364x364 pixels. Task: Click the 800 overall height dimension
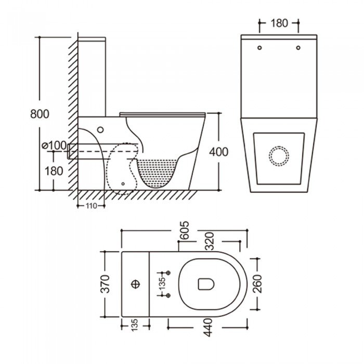click(40, 113)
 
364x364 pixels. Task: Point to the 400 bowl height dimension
click(218, 151)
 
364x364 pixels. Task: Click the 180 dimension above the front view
click(280, 23)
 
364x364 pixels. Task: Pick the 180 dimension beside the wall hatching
click(54, 170)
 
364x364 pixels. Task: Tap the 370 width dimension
click(106, 284)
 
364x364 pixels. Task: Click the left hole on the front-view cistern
click(258, 48)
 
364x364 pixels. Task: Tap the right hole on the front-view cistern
click(298, 48)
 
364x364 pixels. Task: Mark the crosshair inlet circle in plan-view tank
click(137, 284)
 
